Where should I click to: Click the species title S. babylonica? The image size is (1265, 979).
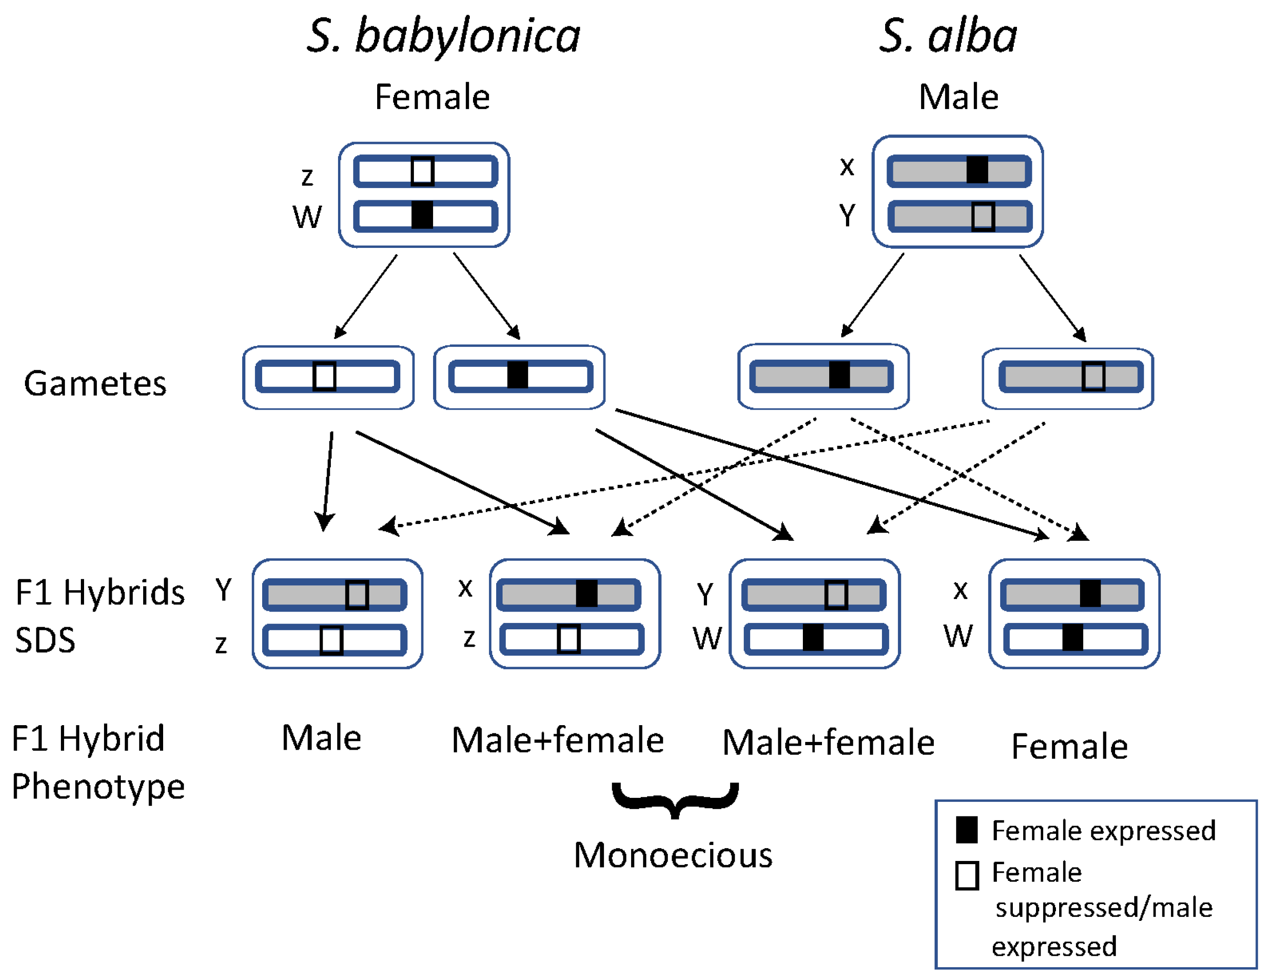pyautogui.click(x=443, y=36)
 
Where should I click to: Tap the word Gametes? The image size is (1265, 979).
pyautogui.click(x=95, y=383)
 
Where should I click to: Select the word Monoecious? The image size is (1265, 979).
pyautogui.click(x=673, y=855)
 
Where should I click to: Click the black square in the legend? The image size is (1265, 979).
pyautogui.click(x=967, y=830)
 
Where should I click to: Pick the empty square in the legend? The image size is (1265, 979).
pyautogui.click(x=967, y=875)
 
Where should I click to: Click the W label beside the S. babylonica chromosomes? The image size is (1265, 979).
pyautogui.click(x=307, y=217)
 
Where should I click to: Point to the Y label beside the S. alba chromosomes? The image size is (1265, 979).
pyautogui.click(x=847, y=215)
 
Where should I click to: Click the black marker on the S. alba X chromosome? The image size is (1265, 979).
pyautogui.click(x=977, y=170)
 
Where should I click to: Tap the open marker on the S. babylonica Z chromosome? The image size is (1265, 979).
pyautogui.click(x=422, y=171)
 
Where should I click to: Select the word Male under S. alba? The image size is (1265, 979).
pyautogui.click(x=959, y=97)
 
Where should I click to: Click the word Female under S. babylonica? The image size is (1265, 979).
pyautogui.click(x=432, y=97)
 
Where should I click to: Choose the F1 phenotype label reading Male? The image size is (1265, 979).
pyautogui.click(x=321, y=738)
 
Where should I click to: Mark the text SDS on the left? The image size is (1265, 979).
pyautogui.click(x=45, y=640)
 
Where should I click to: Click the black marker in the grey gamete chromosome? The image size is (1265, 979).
pyautogui.click(x=839, y=375)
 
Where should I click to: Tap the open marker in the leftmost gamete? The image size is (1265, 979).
pyautogui.click(x=324, y=376)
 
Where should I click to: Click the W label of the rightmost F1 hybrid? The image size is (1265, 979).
pyautogui.click(x=958, y=636)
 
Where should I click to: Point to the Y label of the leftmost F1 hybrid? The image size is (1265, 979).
pyautogui.click(x=224, y=590)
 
